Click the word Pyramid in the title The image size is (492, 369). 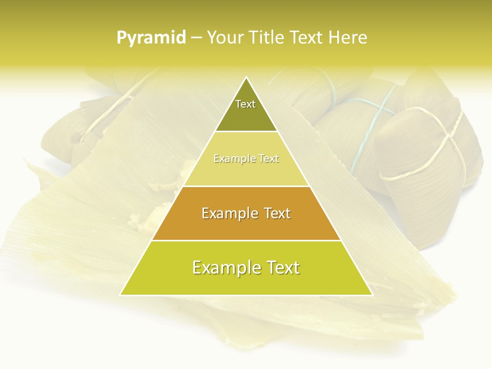point(151,37)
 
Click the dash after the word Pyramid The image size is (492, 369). point(196,38)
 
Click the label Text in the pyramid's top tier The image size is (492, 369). point(245,104)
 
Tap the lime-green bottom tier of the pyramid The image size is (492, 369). point(246,282)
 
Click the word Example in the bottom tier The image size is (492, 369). point(223,268)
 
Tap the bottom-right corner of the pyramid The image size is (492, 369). point(372,295)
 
